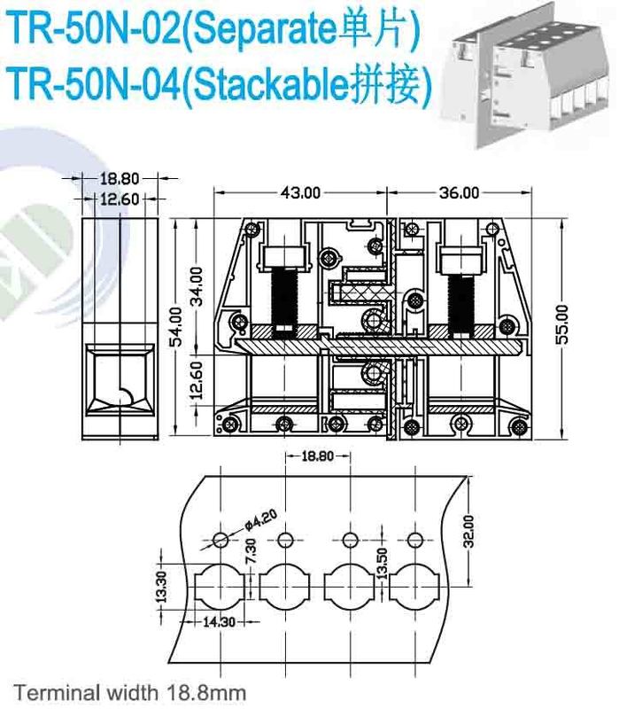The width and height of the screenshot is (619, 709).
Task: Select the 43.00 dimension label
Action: [x=301, y=191]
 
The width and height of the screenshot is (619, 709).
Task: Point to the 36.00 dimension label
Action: [x=459, y=191]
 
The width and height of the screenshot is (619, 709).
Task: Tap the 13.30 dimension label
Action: [x=161, y=587]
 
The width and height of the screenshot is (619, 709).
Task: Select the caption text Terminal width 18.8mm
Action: [x=129, y=691]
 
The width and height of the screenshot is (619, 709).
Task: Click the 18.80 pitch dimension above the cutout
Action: [x=316, y=457]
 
